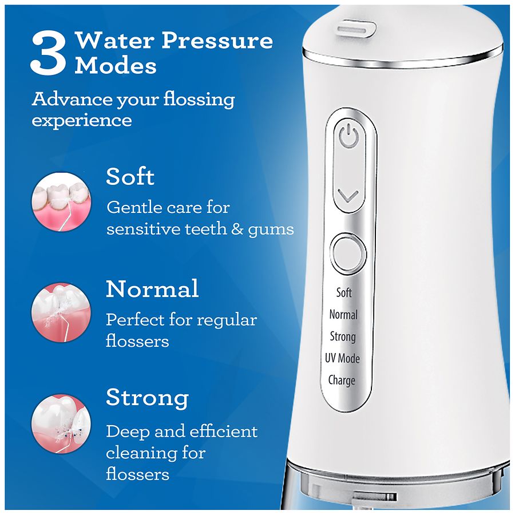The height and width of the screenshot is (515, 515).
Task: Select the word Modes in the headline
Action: point(116,66)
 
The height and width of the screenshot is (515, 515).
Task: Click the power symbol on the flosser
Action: point(348,137)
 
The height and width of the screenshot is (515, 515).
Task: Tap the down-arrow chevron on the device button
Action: point(348,196)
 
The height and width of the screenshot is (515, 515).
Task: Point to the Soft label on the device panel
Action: point(344,292)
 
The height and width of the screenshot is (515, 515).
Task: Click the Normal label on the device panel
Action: point(343,314)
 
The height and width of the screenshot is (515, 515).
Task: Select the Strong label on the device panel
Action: point(343,336)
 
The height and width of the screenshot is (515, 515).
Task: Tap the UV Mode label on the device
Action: point(342,358)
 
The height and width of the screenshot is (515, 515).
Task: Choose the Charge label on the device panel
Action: point(342,381)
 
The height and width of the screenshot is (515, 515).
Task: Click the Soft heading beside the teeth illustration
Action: point(130,177)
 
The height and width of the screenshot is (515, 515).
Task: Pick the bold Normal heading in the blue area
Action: point(152,289)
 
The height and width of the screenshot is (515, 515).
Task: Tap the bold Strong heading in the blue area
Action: point(148,398)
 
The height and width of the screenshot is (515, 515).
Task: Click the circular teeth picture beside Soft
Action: point(61,201)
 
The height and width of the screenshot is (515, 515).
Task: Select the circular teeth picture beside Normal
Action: point(61,312)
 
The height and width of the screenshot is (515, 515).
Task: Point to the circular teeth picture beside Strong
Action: point(61,423)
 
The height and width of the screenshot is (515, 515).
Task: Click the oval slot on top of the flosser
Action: point(356,29)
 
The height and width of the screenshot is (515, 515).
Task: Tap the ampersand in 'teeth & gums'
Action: point(237,229)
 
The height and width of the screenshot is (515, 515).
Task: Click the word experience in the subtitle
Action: point(82,121)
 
